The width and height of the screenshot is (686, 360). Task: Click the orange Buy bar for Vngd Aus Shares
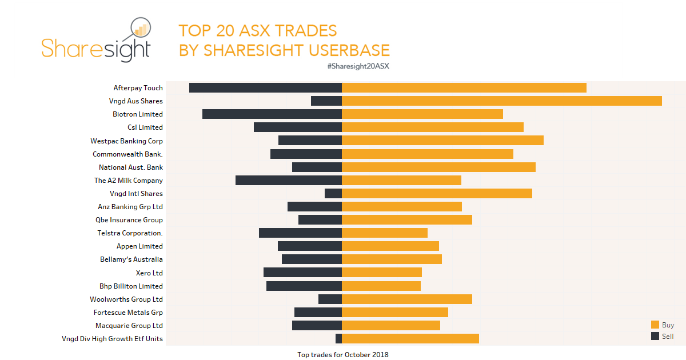click(x=501, y=101)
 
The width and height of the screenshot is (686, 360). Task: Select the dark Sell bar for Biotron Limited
click(x=272, y=114)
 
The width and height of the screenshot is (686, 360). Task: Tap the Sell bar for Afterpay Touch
click(x=265, y=88)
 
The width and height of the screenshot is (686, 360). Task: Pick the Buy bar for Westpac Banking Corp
click(x=442, y=141)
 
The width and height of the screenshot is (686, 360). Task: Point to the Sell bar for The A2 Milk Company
click(x=289, y=181)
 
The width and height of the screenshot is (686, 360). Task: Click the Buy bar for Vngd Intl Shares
click(x=437, y=194)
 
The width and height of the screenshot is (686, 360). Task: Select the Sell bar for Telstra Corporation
click(x=300, y=233)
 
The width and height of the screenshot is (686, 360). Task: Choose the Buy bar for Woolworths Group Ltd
click(x=407, y=299)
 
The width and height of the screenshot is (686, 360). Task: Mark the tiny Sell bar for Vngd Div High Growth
click(x=338, y=339)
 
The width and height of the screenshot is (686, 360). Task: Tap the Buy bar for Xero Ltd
click(x=382, y=273)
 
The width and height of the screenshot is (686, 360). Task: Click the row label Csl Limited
click(x=145, y=127)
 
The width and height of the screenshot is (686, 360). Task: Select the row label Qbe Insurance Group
click(x=129, y=220)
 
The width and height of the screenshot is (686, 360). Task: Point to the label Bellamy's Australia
click(x=131, y=259)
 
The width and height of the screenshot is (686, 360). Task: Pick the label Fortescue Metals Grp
click(x=129, y=313)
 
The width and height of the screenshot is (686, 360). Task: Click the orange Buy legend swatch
click(x=655, y=325)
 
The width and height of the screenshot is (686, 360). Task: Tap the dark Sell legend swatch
click(x=655, y=336)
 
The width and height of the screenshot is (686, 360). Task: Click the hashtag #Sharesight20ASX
click(x=358, y=66)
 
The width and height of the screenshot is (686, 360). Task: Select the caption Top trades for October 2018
click(x=342, y=355)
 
